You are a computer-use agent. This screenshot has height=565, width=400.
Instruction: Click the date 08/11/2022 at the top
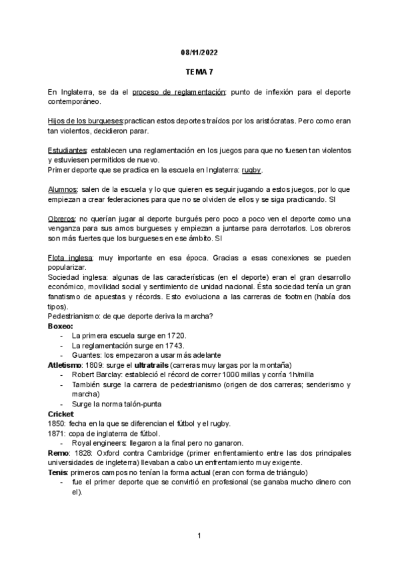(x=199, y=52)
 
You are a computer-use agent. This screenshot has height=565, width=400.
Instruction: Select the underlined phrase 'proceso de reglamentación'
(x=179, y=91)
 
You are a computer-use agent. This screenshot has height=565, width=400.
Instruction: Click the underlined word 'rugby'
(x=251, y=170)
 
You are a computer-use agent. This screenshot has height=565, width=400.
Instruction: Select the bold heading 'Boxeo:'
(x=60, y=326)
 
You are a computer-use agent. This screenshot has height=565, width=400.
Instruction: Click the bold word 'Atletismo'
(x=65, y=365)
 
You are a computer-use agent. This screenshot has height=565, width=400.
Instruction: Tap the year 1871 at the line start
(x=56, y=434)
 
